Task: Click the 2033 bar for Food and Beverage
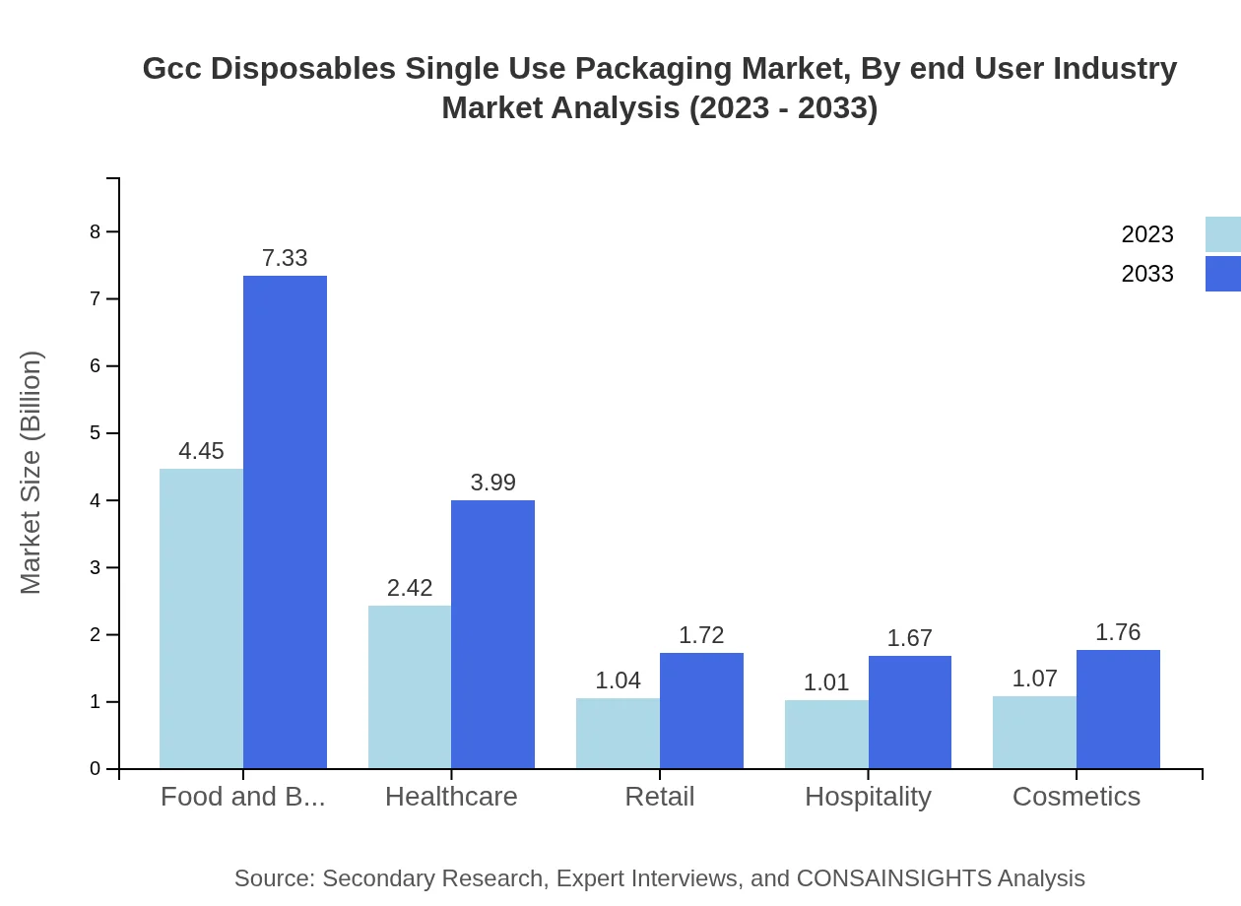point(285,522)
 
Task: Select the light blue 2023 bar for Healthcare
point(410,686)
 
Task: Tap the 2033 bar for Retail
point(701,710)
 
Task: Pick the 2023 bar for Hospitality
point(826,734)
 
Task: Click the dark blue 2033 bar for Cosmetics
point(1118,709)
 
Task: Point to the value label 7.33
point(285,259)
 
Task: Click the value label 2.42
point(410,589)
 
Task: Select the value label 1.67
point(909,639)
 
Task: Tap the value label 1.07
point(1034,679)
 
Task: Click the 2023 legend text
point(1147,234)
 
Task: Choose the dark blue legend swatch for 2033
point(1222,274)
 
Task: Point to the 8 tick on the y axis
point(96,232)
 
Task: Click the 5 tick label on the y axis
point(96,433)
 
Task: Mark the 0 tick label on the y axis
point(96,769)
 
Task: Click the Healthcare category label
point(451,797)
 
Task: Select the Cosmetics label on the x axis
point(1077,797)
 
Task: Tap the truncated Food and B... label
point(242,797)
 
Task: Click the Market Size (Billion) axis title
point(32,473)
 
